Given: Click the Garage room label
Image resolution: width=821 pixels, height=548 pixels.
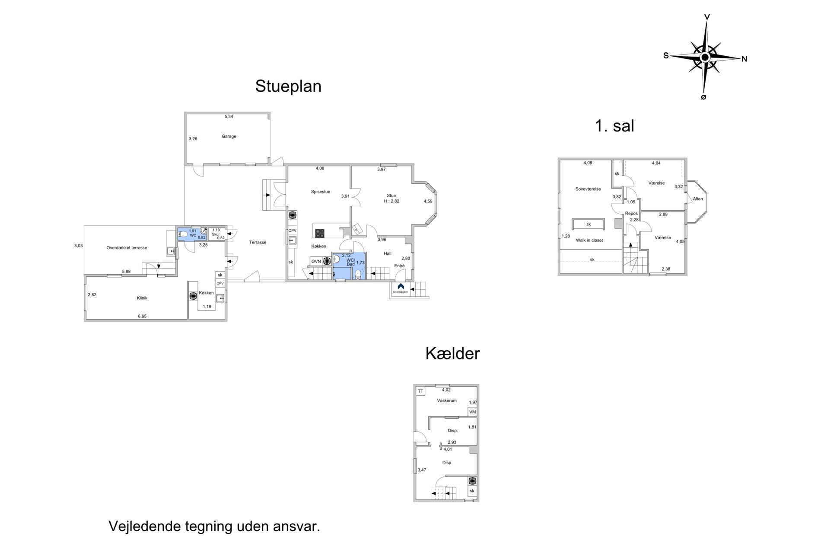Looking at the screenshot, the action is (x=229, y=136).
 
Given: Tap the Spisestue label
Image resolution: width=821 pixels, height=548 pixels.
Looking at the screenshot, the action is (x=321, y=192).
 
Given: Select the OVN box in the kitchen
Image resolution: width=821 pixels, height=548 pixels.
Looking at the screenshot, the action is (x=316, y=261).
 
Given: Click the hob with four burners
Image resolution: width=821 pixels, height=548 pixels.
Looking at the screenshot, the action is (x=319, y=234).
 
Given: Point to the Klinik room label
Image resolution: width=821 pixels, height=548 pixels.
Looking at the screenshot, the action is (x=142, y=298).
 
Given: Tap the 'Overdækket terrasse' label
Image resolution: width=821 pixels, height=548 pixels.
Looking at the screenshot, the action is (x=127, y=248).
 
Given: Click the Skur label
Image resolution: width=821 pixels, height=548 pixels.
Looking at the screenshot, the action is (x=216, y=234).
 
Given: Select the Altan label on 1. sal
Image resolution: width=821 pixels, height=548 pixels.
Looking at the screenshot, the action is (x=698, y=199).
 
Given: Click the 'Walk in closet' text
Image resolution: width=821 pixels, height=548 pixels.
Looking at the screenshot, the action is (x=589, y=240).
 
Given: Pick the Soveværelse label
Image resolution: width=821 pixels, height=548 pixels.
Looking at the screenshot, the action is (x=588, y=189).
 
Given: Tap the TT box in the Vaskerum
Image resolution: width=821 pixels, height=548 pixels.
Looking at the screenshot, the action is (x=420, y=391).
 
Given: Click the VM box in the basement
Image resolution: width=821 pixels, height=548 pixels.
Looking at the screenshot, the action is (x=472, y=412).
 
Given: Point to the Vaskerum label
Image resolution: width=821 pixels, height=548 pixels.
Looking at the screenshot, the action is (x=447, y=401).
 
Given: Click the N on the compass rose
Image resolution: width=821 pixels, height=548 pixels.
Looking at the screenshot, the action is (x=745, y=59).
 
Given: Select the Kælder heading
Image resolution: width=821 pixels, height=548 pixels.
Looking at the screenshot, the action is (x=452, y=353).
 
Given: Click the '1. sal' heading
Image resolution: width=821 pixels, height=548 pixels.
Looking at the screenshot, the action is (x=614, y=126).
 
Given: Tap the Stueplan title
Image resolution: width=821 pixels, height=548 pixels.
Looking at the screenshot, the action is (x=288, y=86).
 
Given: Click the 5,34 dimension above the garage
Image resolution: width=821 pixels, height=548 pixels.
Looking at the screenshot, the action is (x=229, y=116).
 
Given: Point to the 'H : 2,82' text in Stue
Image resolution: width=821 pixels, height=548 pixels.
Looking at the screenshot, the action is (x=392, y=201).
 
